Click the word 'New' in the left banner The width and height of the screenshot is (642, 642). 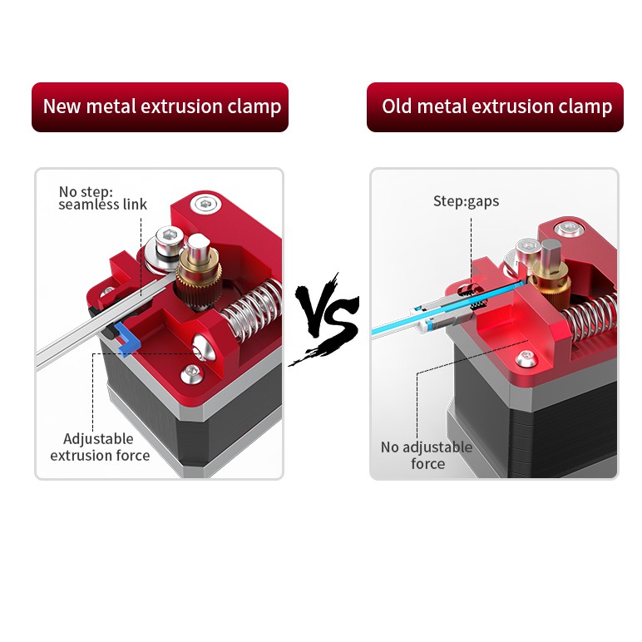(x=62, y=106)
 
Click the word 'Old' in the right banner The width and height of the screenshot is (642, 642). (x=397, y=106)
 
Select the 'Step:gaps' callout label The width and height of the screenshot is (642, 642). (x=466, y=201)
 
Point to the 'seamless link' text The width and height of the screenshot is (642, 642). (x=102, y=205)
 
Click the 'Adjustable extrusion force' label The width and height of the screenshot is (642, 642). (x=100, y=447)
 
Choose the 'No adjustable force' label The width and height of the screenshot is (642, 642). (x=427, y=455)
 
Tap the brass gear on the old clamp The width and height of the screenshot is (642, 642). (x=549, y=280)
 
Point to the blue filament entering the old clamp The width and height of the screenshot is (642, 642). (x=447, y=307)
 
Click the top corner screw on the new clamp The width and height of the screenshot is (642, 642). (x=205, y=204)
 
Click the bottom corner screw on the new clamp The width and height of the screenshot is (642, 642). (x=191, y=374)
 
